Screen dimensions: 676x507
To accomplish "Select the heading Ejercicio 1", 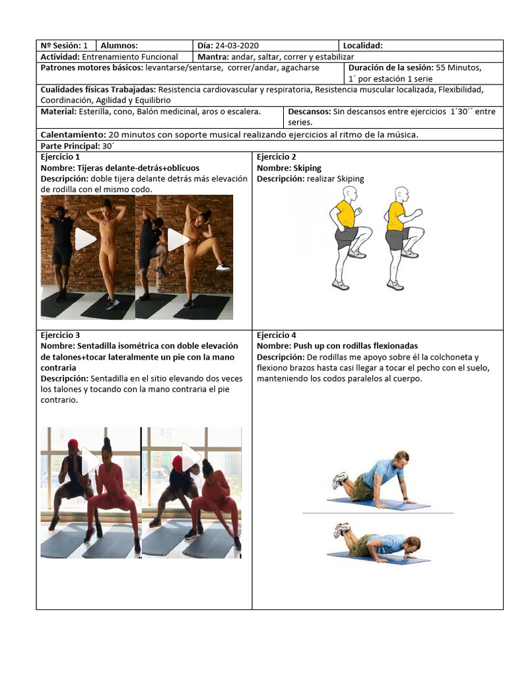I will point(60,157).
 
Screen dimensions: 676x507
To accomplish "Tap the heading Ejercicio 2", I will point(277,157).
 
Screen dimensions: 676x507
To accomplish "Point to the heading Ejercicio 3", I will point(60,335).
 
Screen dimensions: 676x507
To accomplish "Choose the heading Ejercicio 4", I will point(277,335).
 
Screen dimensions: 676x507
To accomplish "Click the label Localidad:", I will point(362,46).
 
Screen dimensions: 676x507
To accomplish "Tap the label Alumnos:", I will point(119,46).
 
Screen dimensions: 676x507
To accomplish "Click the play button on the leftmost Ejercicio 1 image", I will point(85,239).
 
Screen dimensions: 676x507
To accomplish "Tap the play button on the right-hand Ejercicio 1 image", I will point(178,240).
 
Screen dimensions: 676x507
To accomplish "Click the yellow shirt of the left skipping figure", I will point(345,213).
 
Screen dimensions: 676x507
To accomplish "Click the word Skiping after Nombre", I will point(308,168).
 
